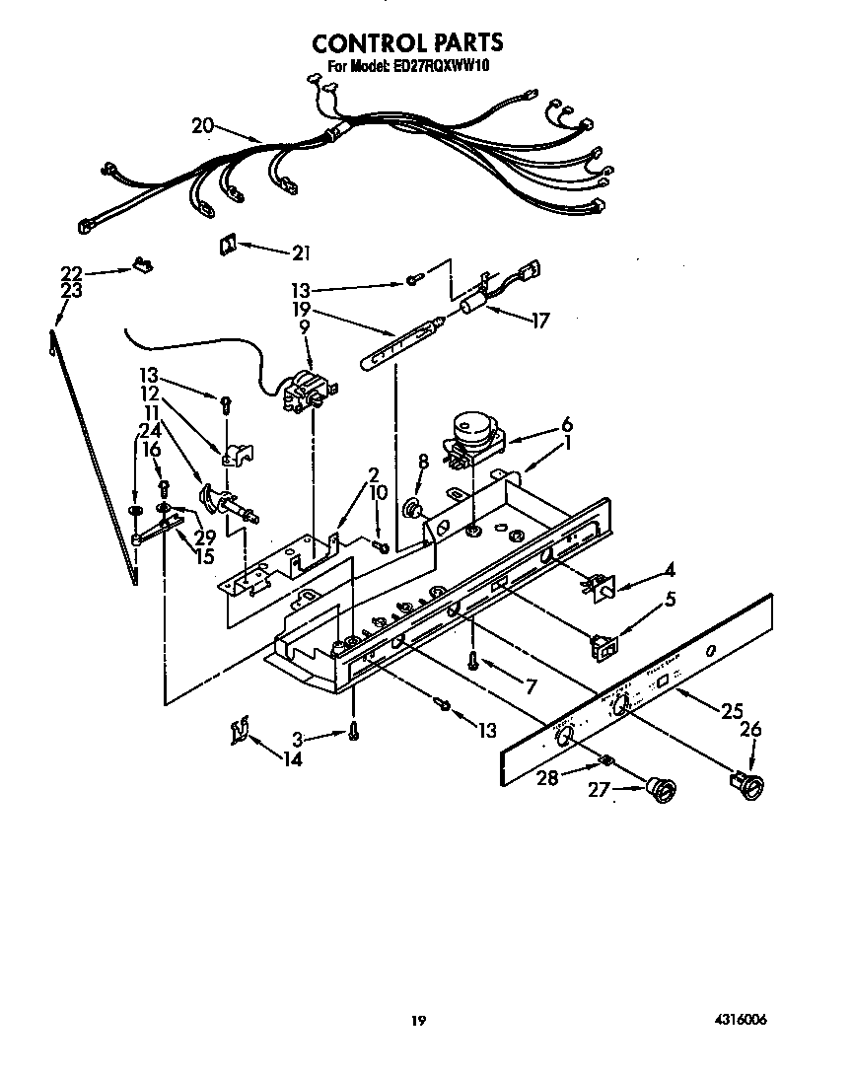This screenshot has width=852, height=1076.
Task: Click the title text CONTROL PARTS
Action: [407, 42]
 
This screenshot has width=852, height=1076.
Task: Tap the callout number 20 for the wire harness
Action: [202, 124]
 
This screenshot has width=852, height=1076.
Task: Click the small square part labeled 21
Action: [227, 245]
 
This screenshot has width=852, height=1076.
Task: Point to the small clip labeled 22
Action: [143, 264]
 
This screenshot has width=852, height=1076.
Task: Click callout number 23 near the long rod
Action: [70, 291]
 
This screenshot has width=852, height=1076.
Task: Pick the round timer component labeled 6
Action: [470, 432]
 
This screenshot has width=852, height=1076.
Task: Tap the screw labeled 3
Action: [352, 732]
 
